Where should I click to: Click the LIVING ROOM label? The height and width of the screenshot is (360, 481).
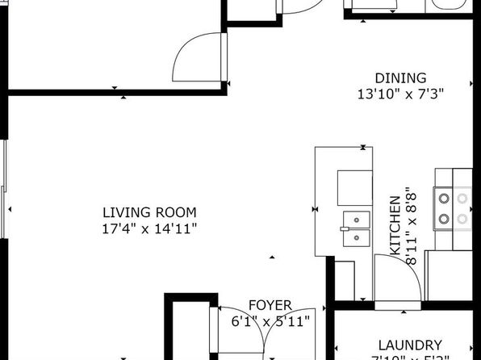pos(149,212)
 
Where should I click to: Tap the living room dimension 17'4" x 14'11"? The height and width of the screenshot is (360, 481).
pos(149,228)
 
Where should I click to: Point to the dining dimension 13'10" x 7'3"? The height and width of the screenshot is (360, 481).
pos(401,94)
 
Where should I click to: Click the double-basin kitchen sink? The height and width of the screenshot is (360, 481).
pos(354,228)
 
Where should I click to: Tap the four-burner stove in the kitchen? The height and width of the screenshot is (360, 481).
pos(453,207)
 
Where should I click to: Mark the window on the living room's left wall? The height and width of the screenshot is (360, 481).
pos(3,190)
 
